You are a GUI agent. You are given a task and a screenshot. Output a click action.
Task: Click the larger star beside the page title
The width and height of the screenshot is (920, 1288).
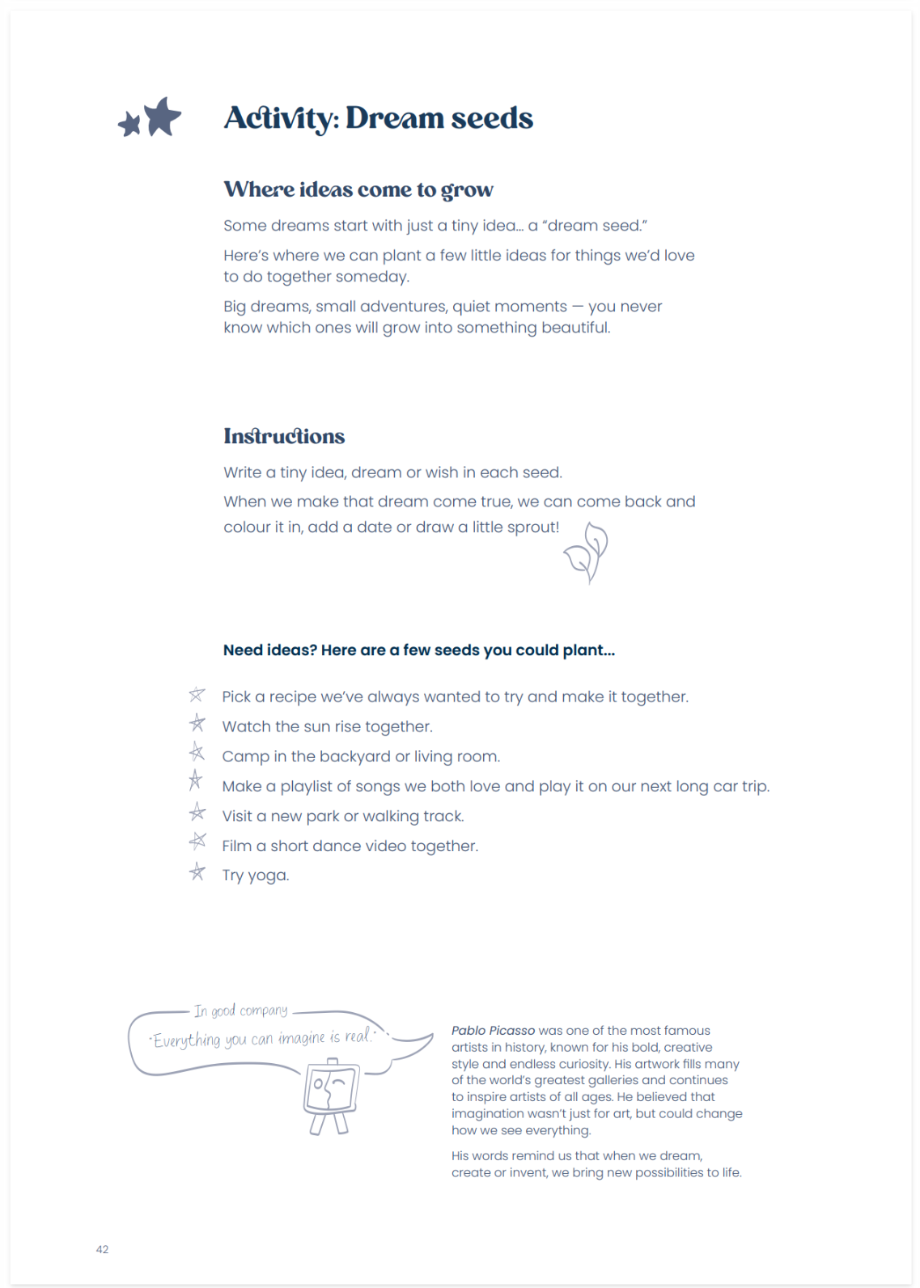click(x=163, y=117)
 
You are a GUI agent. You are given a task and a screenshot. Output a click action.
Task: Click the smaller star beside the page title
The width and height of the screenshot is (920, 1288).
click(x=129, y=125)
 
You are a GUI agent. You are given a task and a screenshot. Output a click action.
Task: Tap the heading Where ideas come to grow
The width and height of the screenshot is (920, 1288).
click(x=358, y=189)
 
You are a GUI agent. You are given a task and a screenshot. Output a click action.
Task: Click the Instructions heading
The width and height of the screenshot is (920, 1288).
click(x=284, y=437)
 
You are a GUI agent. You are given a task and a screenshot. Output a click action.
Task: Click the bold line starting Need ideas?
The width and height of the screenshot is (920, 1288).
click(x=418, y=650)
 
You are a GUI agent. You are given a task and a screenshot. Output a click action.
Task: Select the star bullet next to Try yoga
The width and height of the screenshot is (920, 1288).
click(x=197, y=872)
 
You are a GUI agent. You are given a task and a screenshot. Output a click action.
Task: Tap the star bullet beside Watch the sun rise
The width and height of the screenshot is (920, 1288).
click(x=197, y=723)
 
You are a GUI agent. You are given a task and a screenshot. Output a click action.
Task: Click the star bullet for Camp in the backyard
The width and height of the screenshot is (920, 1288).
click(x=197, y=753)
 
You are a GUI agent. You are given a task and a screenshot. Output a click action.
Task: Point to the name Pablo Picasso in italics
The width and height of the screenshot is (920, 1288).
click(x=493, y=1031)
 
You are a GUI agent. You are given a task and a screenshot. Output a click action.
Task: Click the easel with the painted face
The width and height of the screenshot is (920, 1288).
click(x=331, y=1096)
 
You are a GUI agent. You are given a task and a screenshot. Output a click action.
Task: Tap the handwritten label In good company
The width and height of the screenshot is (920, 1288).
click(x=240, y=1010)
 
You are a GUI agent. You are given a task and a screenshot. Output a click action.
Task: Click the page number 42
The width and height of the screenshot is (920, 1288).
click(x=102, y=1249)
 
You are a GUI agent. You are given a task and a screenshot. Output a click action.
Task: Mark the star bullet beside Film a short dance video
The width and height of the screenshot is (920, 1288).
click(x=197, y=842)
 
